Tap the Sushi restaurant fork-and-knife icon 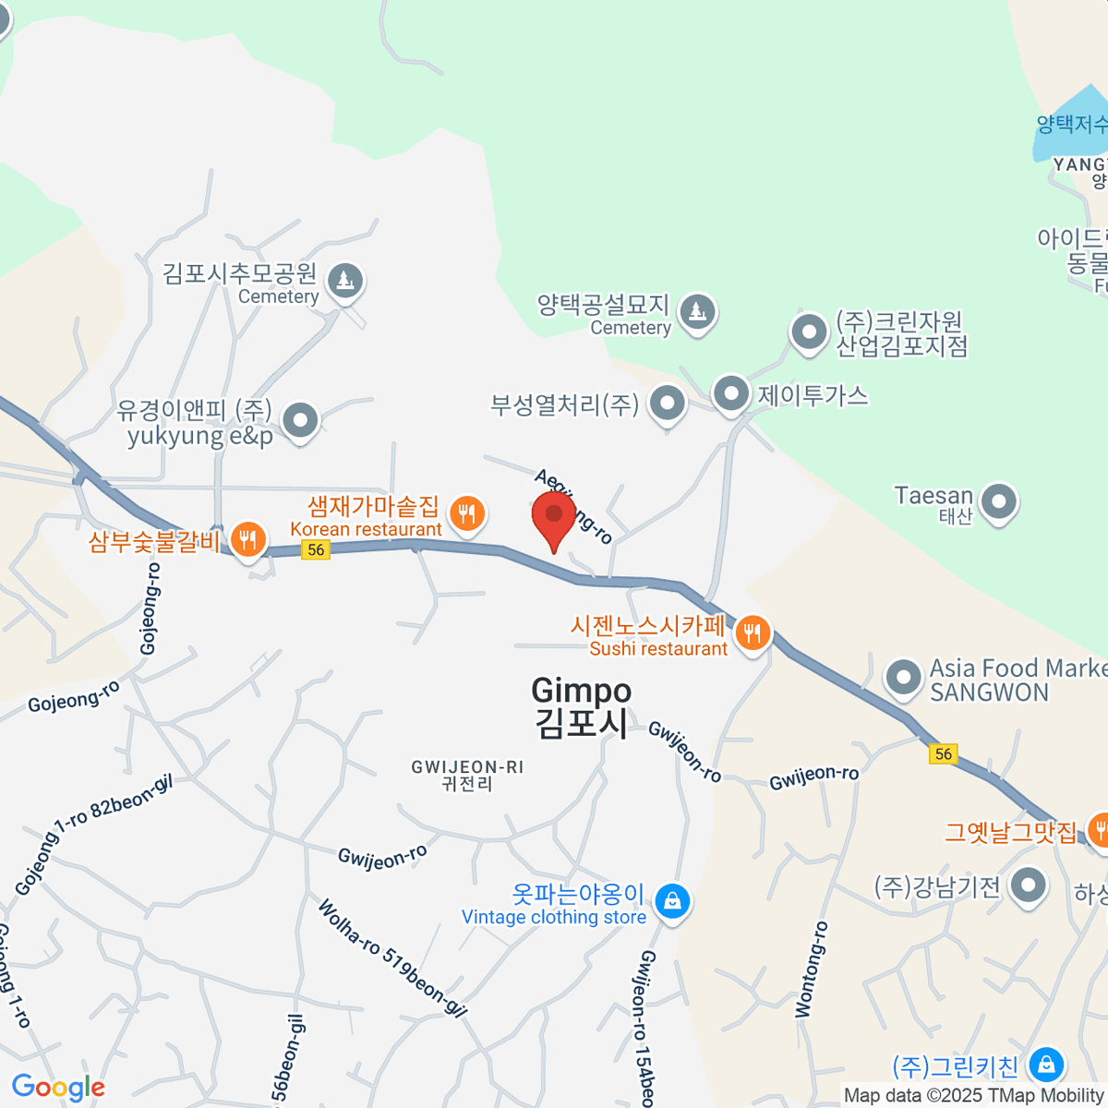pyautogui.click(x=753, y=633)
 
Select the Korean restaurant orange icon pyautogui.click(x=467, y=513)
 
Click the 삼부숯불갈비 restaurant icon pyautogui.click(x=247, y=538)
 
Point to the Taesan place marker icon pyautogui.click(x=998, y=502)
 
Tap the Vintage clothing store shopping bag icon pyautogui.click(x=672, y=899)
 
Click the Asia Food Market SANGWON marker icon pyautogui.click(x=903, y=679)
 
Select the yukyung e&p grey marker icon pyautogui.click(x=300, y=421)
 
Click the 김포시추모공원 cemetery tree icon pyautogui.click(x=346, y=280)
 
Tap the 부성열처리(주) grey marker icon pyautogui.click(x=667, y=403)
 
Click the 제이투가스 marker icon pyautogui.click(x=731, y=394)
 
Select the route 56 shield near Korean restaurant pyautogui.click(x=316, y=550)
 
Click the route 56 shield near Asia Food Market pyautogui.click(x=943, y=753)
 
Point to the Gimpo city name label pyautogui.click(x=582, y=706)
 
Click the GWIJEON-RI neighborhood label pyautogui.click(x=467, y=775)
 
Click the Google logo pyautogui.click(x=58, y=1088)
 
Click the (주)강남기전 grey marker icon pyautogui.click(x=1027, y=886)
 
